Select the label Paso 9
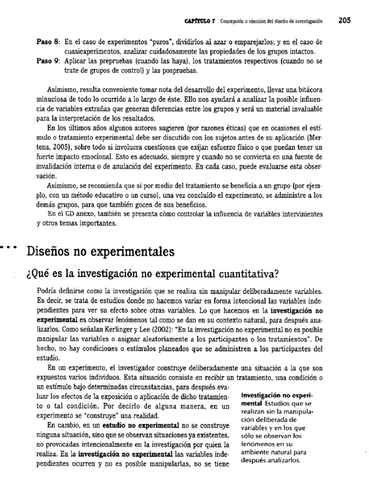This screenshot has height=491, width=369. (x=48, y=62)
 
